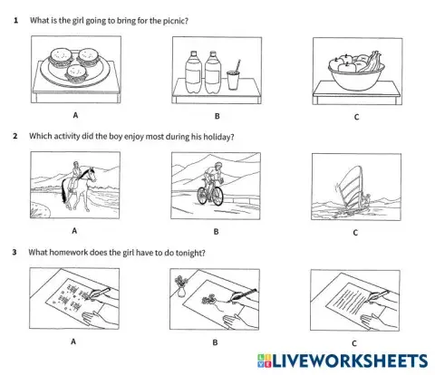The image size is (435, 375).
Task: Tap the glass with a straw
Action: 235,78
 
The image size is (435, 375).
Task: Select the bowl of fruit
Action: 354,72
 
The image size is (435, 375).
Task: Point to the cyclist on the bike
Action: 212,184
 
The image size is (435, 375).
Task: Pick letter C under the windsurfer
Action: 355,234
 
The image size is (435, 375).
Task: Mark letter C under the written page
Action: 355,343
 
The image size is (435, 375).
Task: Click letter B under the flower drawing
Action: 216,344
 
